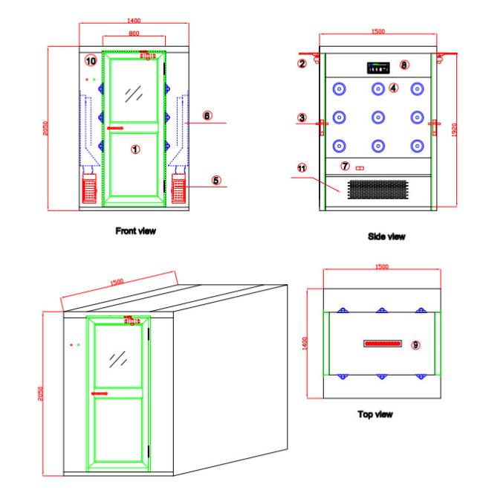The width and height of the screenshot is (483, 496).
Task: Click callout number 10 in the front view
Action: click(91, 61)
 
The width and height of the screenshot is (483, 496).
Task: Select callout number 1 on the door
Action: click(135, 149)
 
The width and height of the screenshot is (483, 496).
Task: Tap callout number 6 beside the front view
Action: click(207, 116)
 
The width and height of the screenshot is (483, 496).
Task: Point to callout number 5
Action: click(216, 181)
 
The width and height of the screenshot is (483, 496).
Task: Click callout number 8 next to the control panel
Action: click(404, 65)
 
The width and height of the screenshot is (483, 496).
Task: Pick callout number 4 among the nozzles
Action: click(393, 88)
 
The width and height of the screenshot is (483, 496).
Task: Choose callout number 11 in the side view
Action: click(302, 168)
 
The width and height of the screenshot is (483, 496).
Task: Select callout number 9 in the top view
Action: click(415, 345)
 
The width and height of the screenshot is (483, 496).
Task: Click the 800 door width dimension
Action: click(134, 33)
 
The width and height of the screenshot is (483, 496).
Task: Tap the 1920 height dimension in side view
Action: click(454, 129)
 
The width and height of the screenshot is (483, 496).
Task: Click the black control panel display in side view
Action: click(378, 68)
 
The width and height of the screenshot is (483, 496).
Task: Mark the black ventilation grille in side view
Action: click(378, 190)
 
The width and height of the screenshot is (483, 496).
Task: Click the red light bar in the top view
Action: click(383, 344)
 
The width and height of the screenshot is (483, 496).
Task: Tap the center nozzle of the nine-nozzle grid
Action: click(378, 117)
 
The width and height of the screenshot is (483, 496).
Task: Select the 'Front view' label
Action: click(135, 231)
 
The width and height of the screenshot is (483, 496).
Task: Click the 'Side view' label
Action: click(386, 236)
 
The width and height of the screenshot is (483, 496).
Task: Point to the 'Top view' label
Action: click(375, 414)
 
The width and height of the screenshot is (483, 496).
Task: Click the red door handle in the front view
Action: click(115, 128)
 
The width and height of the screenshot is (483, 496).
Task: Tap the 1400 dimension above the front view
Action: click(134, 21)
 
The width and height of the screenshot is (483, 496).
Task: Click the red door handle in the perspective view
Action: click(100, 393)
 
